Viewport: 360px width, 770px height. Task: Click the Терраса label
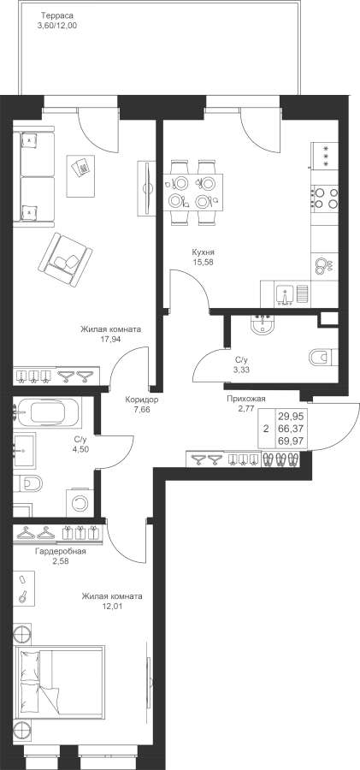coord(57,15)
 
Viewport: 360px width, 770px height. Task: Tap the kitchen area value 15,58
coord(204,262)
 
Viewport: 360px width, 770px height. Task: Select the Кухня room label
coord(204,252)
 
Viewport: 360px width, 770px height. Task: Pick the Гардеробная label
coord(61,552)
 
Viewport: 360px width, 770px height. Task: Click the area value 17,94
coord(110,338)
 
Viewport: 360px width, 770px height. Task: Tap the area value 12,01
coord(112,606)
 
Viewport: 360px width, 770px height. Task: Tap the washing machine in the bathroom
coord(79,503)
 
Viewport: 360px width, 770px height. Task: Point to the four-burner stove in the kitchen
coord(325,198)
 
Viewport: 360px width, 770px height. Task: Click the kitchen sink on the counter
coord(285,296)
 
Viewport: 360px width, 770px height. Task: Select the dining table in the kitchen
coord(193,191)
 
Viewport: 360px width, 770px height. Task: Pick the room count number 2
coord(266,429)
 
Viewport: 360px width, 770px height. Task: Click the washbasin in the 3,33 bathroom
coord(263,326)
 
